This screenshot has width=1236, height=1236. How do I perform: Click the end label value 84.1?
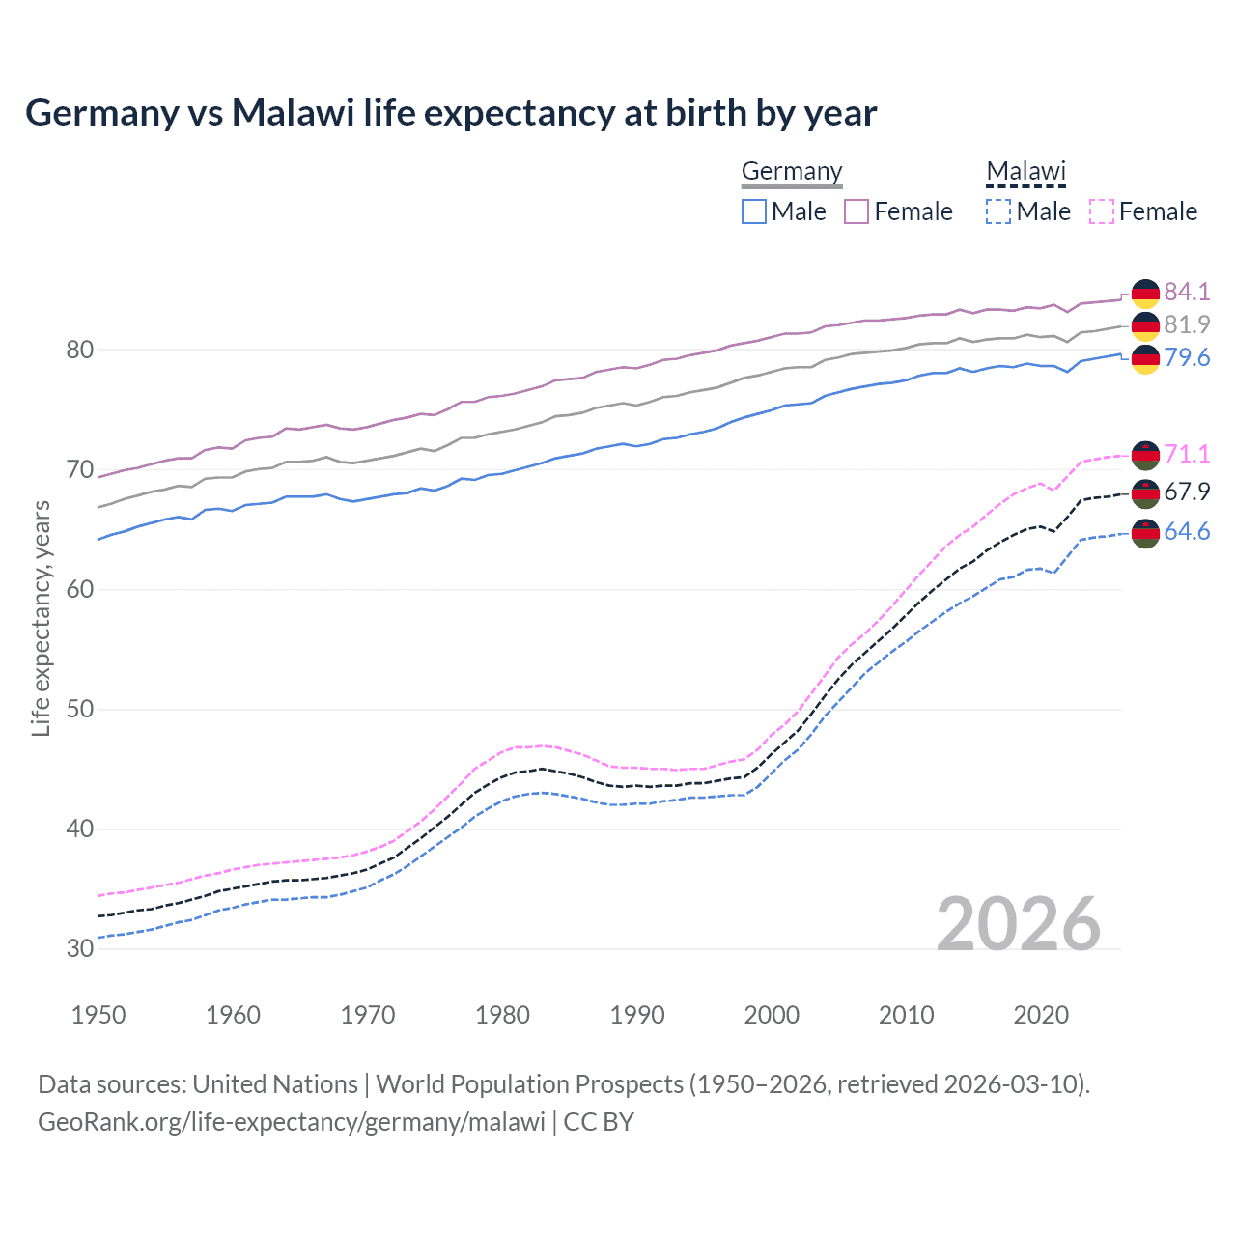coord(1187,292)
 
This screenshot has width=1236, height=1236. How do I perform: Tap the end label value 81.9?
coord(1187,324)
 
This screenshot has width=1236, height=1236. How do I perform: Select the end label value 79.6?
coord(1187,358)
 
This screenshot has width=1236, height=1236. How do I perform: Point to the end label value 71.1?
coord(1187,454)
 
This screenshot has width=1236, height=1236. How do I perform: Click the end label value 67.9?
coord(1187,492)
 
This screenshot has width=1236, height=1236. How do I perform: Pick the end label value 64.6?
coord(1187,532)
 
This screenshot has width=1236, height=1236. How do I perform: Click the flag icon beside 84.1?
coord(1145,293)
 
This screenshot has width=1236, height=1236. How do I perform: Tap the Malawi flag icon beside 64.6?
coord(1145,533)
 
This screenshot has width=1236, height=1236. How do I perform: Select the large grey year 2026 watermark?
coord(1019,925)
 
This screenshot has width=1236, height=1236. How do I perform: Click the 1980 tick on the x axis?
coord(503,1015)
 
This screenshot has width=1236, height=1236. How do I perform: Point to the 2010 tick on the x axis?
coord(906,1015)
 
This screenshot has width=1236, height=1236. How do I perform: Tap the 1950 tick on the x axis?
coord(99,1015)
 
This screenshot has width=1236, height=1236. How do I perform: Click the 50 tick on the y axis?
coord(80,710)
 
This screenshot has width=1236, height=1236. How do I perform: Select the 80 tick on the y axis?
coord(80,350)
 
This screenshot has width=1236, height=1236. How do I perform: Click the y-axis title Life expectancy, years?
coord(42,618)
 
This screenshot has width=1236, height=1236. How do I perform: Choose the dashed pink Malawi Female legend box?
coord(1102,211)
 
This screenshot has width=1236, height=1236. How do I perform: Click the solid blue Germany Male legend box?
coord(754,211)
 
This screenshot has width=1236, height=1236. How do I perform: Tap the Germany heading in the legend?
coord(792,171)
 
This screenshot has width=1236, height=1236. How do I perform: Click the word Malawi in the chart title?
coord(293,113)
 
